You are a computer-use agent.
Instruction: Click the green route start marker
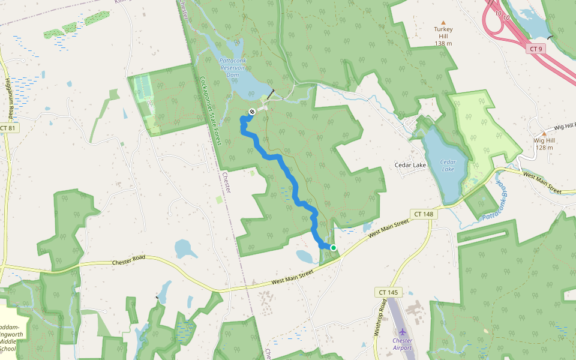click(333, 247)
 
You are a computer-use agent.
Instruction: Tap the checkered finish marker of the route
click(252, 110)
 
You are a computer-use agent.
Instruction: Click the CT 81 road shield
click(8, 128)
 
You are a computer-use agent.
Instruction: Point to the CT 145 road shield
click(388, 292)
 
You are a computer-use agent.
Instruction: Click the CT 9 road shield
click(536, 49)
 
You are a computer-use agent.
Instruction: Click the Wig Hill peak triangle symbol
click(544, 133)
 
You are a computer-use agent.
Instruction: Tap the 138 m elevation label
click(443, 43)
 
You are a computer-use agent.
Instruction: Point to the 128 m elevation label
click(543, 148)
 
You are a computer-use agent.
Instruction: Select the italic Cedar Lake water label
click(448, 166)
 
